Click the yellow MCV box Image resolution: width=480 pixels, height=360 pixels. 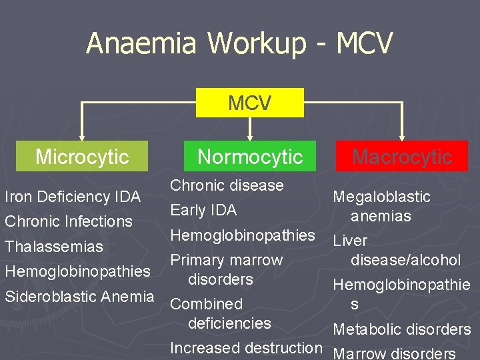pyautogui.click(x=249, y=103)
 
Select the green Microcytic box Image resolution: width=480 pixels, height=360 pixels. pyautogui.click(x=81, y=157)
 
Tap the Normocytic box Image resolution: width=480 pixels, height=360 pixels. pyautogui.click(x=250, y=157)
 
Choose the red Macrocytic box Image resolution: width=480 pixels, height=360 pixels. pyautogui.click(x=401, y=157)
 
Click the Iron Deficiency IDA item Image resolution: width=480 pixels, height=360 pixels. pyautogui.click(x=73, y=197)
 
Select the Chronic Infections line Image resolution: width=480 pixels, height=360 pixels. pyautogui.click(x=69, y=221)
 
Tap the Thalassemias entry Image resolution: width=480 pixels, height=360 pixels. pyautogui.click(x=54, y=247)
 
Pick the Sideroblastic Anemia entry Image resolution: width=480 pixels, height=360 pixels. pyautogui.click(x=79, y=296)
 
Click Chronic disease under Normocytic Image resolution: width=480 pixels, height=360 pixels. pyautogui.click(x=227, y=185)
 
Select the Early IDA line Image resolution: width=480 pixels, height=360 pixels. pyautogui.click(x=203, y=210)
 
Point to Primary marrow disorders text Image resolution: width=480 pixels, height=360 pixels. pyautogui.click(x=227, y=269)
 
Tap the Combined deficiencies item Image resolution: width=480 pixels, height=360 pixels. pyautogui.click(x=221, y=313)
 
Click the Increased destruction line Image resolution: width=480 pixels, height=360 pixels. pyautogui.click(x=246, y=348)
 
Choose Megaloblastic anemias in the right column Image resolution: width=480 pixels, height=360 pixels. pyautogui.click(x=381, y=206)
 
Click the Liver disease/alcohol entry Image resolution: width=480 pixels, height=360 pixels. pyautogui.click(x=397, y=250)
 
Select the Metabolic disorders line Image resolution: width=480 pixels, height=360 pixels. pyautogui.click(x=401, y=329)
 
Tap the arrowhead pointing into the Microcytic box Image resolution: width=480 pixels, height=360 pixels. pyautogui.click(x=81, y=135)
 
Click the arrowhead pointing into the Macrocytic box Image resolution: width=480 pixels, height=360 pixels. pyautogui.click(x=401, y=135)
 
